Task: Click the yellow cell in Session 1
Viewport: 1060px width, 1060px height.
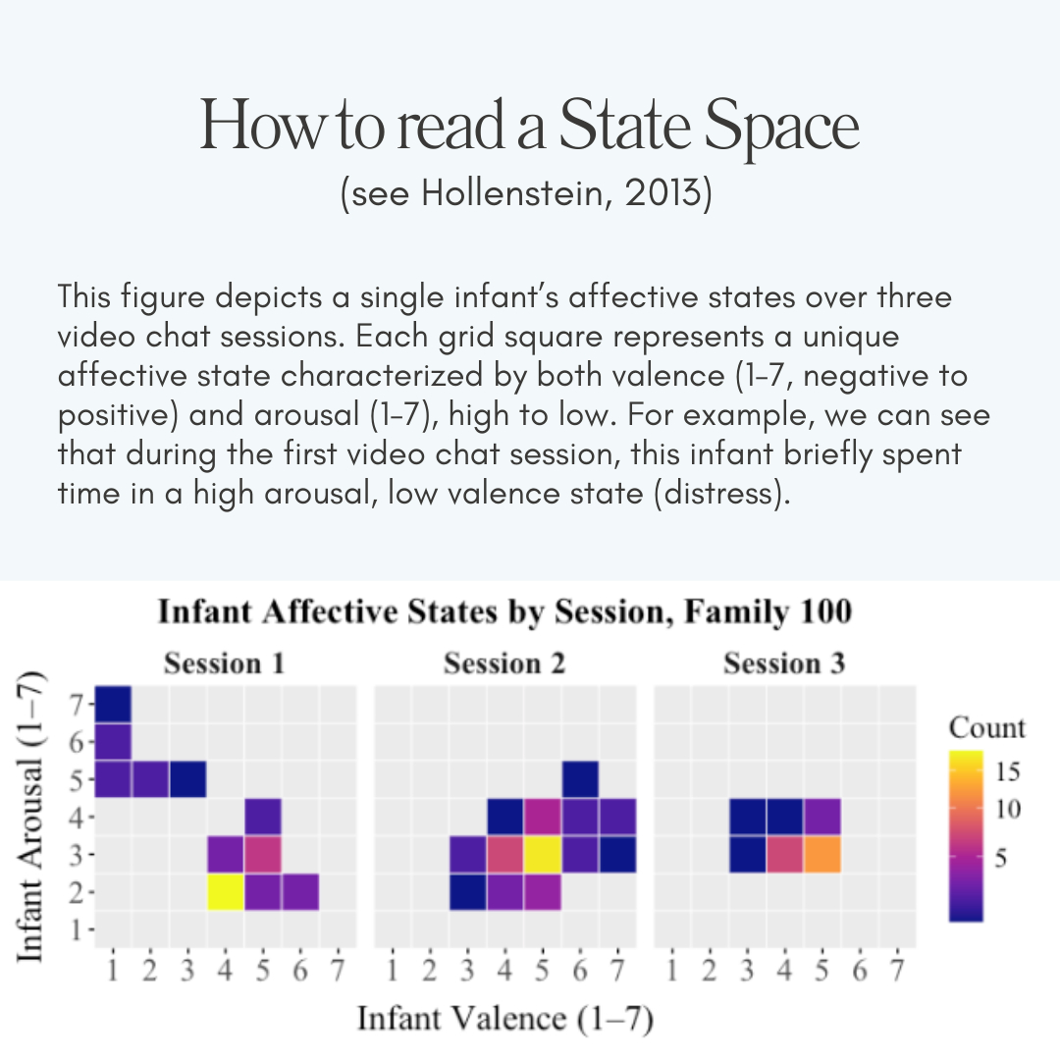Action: click(x=225, y=892)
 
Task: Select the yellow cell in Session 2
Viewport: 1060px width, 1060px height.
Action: click(x=542, y=855)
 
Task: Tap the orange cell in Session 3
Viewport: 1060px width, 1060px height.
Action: click(x=821, y=855)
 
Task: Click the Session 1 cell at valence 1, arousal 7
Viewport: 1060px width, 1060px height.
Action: click(x=113, y=704)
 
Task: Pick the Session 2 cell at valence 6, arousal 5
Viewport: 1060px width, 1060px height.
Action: click(x=580, y=779)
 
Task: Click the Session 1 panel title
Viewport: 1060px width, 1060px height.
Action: click(x=225, y=664)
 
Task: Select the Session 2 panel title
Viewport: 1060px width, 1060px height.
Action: click(x=504, y=664)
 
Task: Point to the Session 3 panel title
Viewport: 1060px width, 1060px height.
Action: click(x=784, y=664)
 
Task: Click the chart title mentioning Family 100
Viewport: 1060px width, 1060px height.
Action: click(x=504, y=613)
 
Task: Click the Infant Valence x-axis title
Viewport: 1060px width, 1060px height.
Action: click(x=504, y=1018)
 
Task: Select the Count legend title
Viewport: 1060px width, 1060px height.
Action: click(x=986, y=727)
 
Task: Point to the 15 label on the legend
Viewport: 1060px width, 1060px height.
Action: click(x=1008, y=771)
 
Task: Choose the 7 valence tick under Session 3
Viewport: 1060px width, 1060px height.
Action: click(x=896, y=973)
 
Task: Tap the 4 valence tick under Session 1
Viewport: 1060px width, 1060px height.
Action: click(x=225, y=973)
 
